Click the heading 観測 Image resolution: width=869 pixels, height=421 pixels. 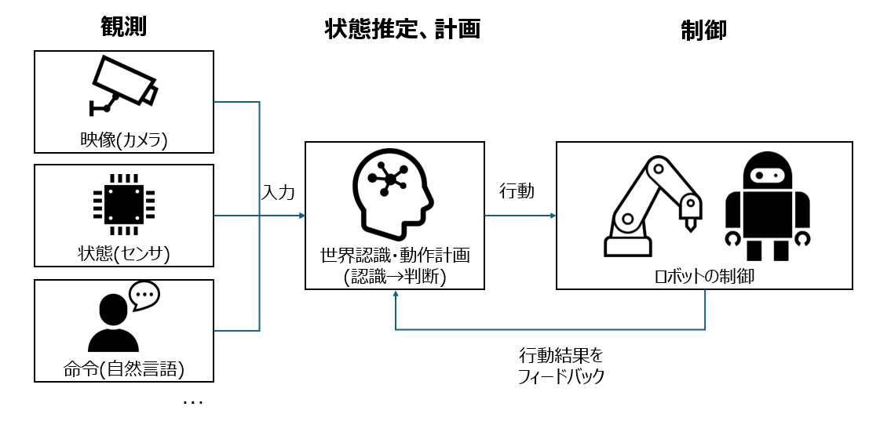pos(124,27)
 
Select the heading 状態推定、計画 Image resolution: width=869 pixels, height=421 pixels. pos(402,29)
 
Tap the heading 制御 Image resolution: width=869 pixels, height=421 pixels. pos(703,30)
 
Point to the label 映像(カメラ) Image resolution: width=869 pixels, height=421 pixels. pos(125,140)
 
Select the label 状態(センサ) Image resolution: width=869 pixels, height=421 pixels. pos(125,253)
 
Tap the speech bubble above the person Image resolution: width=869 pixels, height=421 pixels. pos(144,295)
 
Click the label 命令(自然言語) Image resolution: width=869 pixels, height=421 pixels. pos(125,368)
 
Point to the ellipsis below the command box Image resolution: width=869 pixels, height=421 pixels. pos(192,402)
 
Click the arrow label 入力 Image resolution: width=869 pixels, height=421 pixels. pos(279,192)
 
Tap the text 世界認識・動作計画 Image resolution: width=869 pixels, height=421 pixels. pos(394,256)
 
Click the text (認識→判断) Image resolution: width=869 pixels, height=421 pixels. pos(394,276)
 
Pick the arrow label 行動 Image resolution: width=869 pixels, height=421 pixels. pos(517,191)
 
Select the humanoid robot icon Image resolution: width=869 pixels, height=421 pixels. pos(766,206)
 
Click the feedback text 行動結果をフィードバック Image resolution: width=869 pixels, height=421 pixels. pos(560,365)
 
